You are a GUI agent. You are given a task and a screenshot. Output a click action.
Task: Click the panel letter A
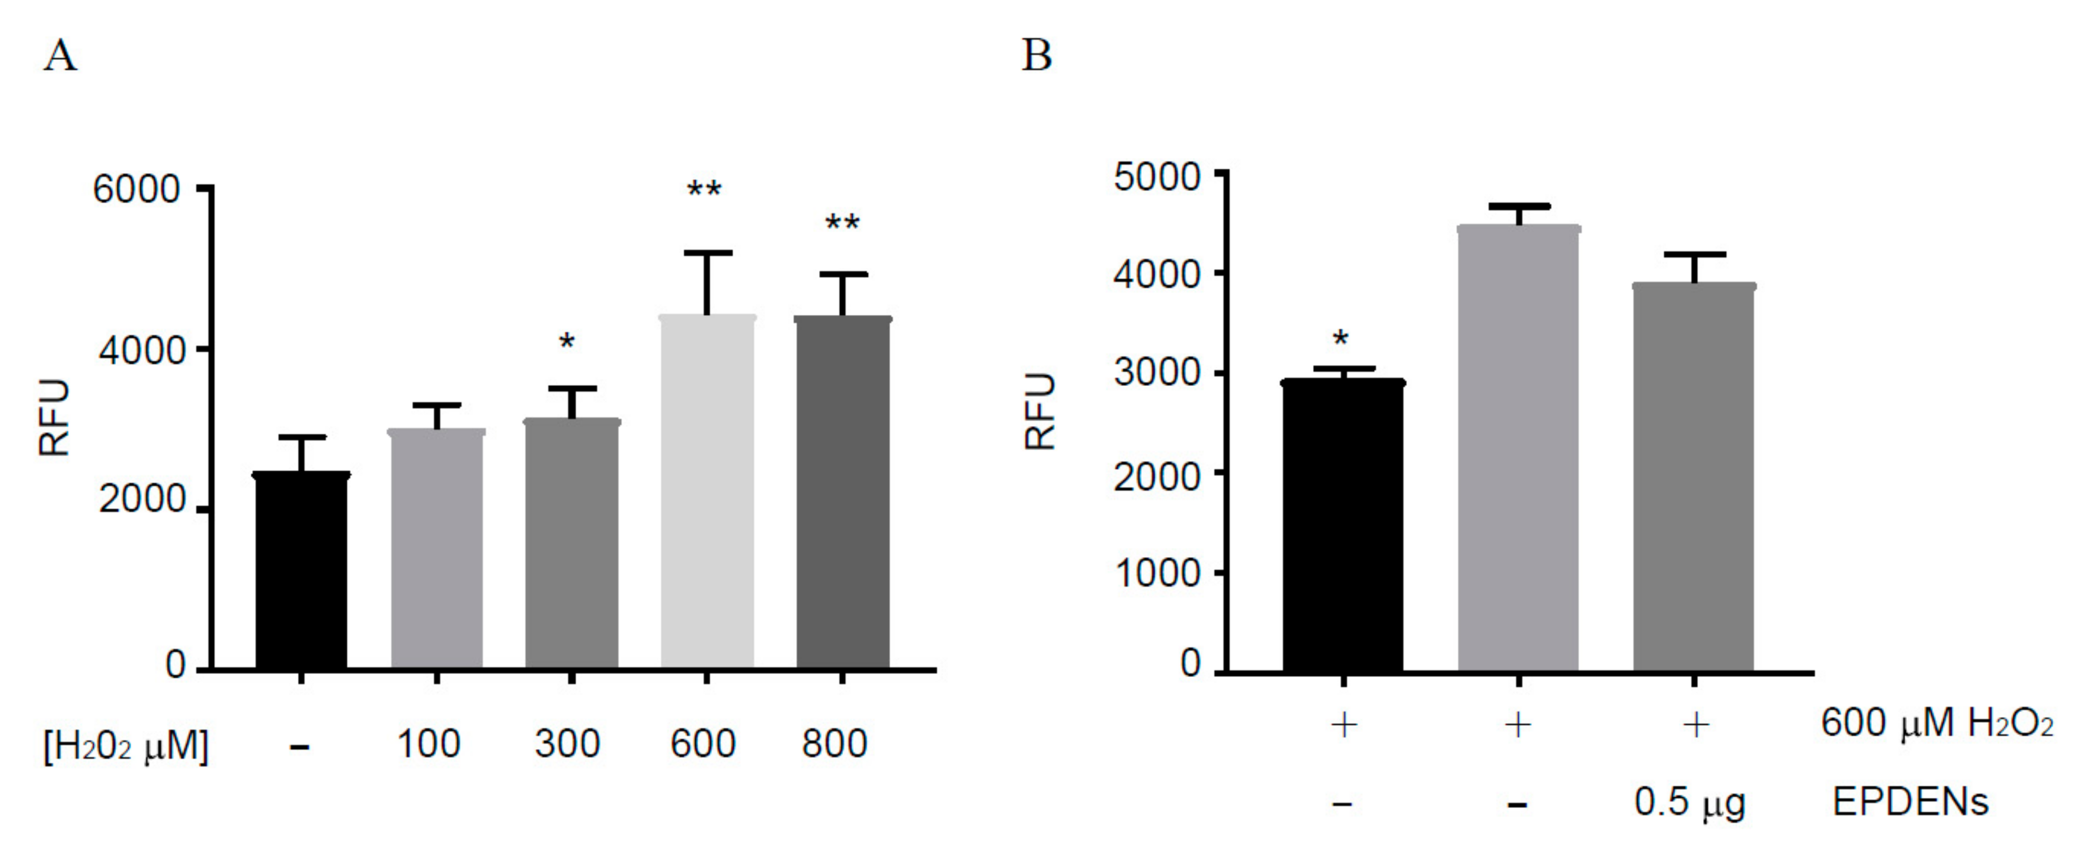tap(60, 57)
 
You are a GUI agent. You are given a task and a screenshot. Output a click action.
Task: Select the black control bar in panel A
tap(301, 572)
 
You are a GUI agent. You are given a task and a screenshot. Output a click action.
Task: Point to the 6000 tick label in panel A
tap(136, 190)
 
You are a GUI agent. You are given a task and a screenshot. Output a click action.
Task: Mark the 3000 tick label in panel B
tap(1157, 374)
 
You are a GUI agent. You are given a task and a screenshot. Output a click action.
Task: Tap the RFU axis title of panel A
tap(55, 417)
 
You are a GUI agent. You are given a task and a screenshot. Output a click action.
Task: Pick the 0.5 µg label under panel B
tap(1689, 803)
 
